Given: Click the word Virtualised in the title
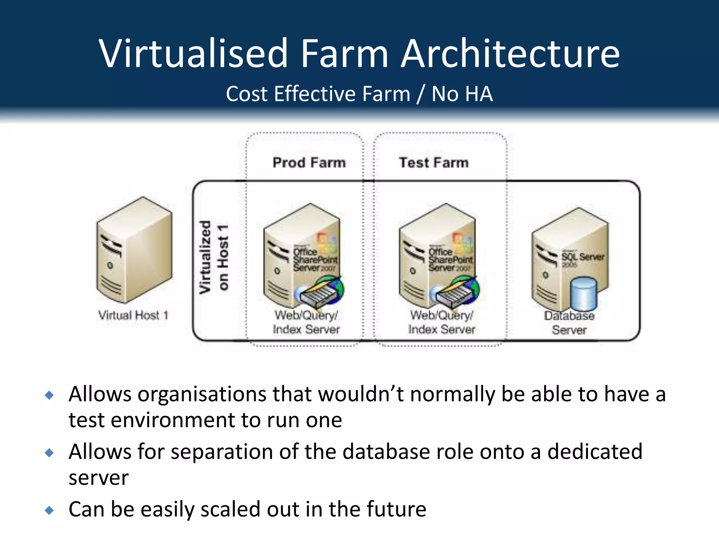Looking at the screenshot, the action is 193,53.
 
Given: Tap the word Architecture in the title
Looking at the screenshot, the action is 510,53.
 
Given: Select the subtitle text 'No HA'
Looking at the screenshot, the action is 462,94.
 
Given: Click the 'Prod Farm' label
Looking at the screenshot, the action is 309,163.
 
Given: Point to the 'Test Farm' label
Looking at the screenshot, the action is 434,163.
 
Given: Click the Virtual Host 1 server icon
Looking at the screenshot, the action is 134,250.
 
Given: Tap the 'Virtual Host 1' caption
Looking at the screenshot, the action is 133,315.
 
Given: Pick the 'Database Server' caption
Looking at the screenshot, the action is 569,323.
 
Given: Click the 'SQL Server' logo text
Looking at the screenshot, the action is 583,257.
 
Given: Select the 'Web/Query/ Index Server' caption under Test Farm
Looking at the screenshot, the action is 442,322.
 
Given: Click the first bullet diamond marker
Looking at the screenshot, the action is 50,395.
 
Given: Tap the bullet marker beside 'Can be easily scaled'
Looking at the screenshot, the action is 50,510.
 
